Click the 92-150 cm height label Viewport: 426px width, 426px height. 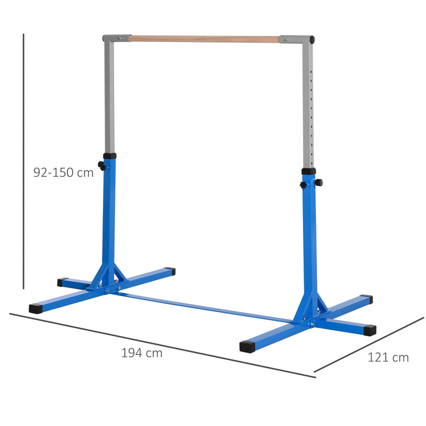(x=63, y=173)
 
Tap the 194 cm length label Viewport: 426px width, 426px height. (x=141, y=353)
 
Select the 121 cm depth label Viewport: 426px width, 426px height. (x=388, y=357)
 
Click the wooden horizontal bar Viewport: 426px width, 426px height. (x=204, y=39)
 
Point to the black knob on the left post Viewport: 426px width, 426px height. (x=102, y=167)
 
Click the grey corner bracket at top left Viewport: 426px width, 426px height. (x=116, y=38)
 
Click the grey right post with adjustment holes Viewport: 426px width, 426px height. (x=308, y=106)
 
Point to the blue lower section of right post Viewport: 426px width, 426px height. (x=309, y=243)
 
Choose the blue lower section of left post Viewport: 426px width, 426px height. (x=110, y=213)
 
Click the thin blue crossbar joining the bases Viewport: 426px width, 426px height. (x=207, y=306)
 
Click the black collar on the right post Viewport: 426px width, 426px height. (x=308, y=172)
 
